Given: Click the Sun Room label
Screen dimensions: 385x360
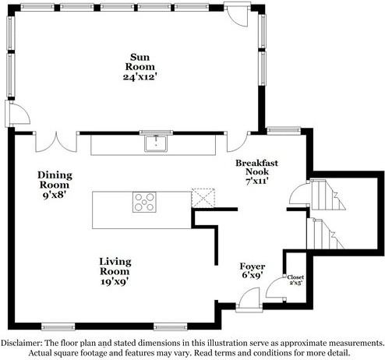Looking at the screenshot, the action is pos(140,62).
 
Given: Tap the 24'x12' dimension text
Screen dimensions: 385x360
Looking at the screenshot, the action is pos(140,77).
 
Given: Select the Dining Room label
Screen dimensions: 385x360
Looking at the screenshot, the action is pos(55,180).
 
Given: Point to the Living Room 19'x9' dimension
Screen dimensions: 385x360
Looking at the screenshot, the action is pos(115,281).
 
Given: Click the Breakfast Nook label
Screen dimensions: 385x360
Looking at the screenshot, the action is pos(256,168).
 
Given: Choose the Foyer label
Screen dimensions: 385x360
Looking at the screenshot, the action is pos(253,266).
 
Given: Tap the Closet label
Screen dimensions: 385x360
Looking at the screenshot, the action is pos(295,277).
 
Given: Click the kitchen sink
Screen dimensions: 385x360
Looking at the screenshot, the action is pos(156,143).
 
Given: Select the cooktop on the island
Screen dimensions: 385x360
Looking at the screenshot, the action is pos(144,202).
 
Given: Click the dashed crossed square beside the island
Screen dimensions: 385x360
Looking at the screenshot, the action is pos(203,198).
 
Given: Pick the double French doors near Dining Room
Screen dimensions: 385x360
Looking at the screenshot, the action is pos(56,142).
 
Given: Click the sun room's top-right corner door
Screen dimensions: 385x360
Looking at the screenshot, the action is pos(237,14).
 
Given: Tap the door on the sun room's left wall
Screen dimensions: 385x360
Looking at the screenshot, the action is pos(17,114).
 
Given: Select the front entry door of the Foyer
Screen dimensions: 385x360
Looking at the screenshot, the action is pos(249,298).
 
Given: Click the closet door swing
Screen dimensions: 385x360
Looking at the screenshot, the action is pos(275,288).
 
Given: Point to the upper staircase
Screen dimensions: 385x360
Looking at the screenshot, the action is pos(328,196).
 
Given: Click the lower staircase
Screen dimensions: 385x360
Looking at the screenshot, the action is pos(326,234).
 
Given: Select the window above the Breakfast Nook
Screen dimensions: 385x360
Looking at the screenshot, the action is pos(284,130).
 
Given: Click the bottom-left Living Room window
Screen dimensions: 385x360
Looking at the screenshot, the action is pos(58,327).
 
